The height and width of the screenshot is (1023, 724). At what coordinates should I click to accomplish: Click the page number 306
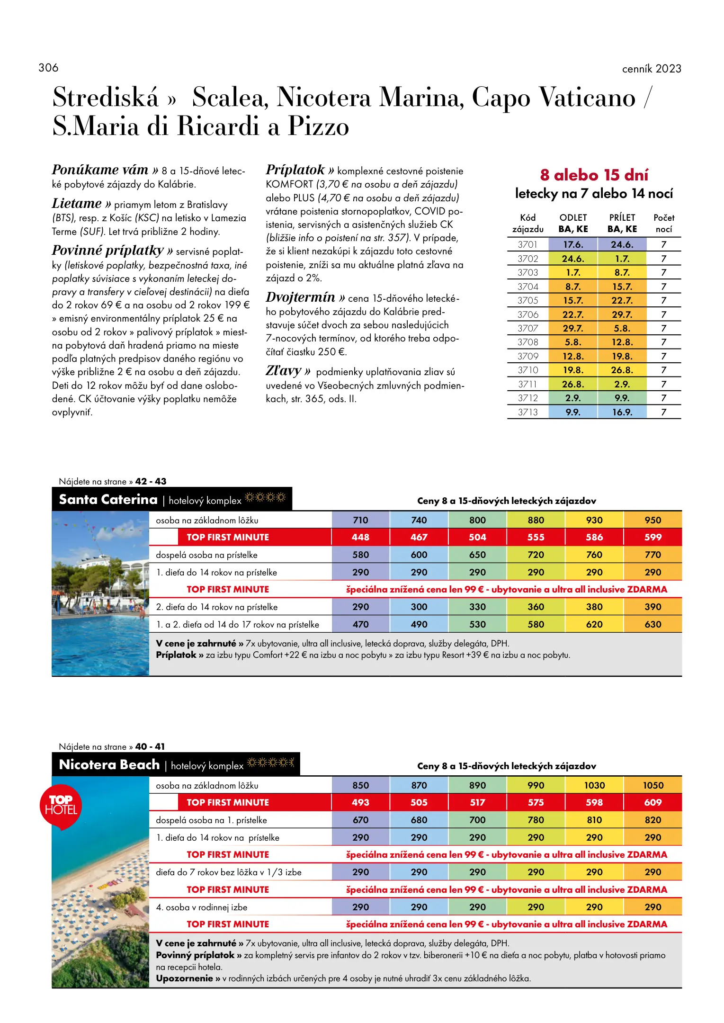48,68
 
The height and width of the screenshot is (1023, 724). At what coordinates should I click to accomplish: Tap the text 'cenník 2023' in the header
651,69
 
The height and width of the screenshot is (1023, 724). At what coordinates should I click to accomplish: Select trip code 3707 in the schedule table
527,328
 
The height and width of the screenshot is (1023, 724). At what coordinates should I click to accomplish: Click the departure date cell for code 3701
573,244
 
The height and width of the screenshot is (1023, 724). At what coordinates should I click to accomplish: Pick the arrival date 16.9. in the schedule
622,412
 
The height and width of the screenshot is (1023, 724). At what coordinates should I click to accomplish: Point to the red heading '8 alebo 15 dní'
594,175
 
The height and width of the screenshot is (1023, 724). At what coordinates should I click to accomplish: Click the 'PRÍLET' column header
622,218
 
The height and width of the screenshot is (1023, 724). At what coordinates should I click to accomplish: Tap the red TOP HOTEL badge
61,806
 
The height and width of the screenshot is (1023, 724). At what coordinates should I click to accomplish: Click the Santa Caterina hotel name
108,499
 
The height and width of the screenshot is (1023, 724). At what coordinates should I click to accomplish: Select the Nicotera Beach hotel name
109,764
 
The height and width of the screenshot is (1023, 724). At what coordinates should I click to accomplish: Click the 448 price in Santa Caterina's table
360,537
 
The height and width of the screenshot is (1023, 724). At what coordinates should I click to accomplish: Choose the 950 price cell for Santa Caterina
652,520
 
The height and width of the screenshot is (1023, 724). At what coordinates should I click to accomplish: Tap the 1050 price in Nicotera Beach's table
652,785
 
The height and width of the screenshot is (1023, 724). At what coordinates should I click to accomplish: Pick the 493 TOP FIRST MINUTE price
360,802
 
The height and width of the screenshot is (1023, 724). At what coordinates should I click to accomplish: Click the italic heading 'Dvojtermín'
300,297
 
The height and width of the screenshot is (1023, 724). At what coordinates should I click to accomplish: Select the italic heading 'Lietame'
77,204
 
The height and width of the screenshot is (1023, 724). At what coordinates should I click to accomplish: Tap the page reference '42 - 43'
151,481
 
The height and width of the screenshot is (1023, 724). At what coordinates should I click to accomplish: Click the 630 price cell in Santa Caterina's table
652,624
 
